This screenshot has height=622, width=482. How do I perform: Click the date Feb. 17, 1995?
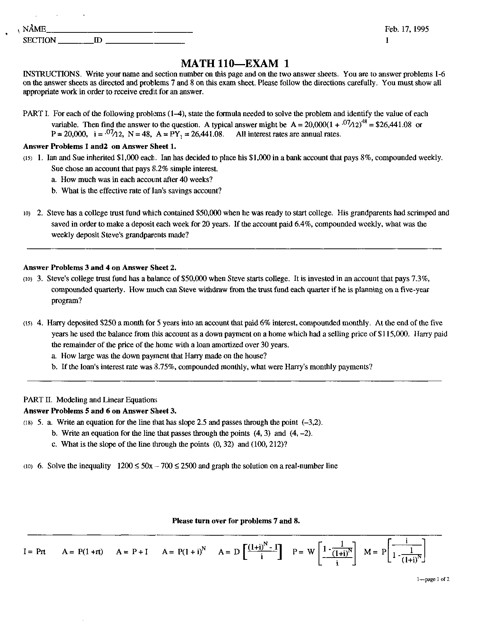[406, 29]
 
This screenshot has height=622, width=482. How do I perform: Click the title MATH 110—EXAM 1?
[235, 63]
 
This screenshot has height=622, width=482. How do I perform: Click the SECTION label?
[39, 40]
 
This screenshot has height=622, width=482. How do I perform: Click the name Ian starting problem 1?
[52, 158]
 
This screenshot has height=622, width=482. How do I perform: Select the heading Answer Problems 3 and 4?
[100, 268]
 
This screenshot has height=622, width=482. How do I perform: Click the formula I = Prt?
[34, 552]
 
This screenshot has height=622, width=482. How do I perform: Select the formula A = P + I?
[132, 552]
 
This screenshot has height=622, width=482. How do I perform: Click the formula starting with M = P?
[394, 551]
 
